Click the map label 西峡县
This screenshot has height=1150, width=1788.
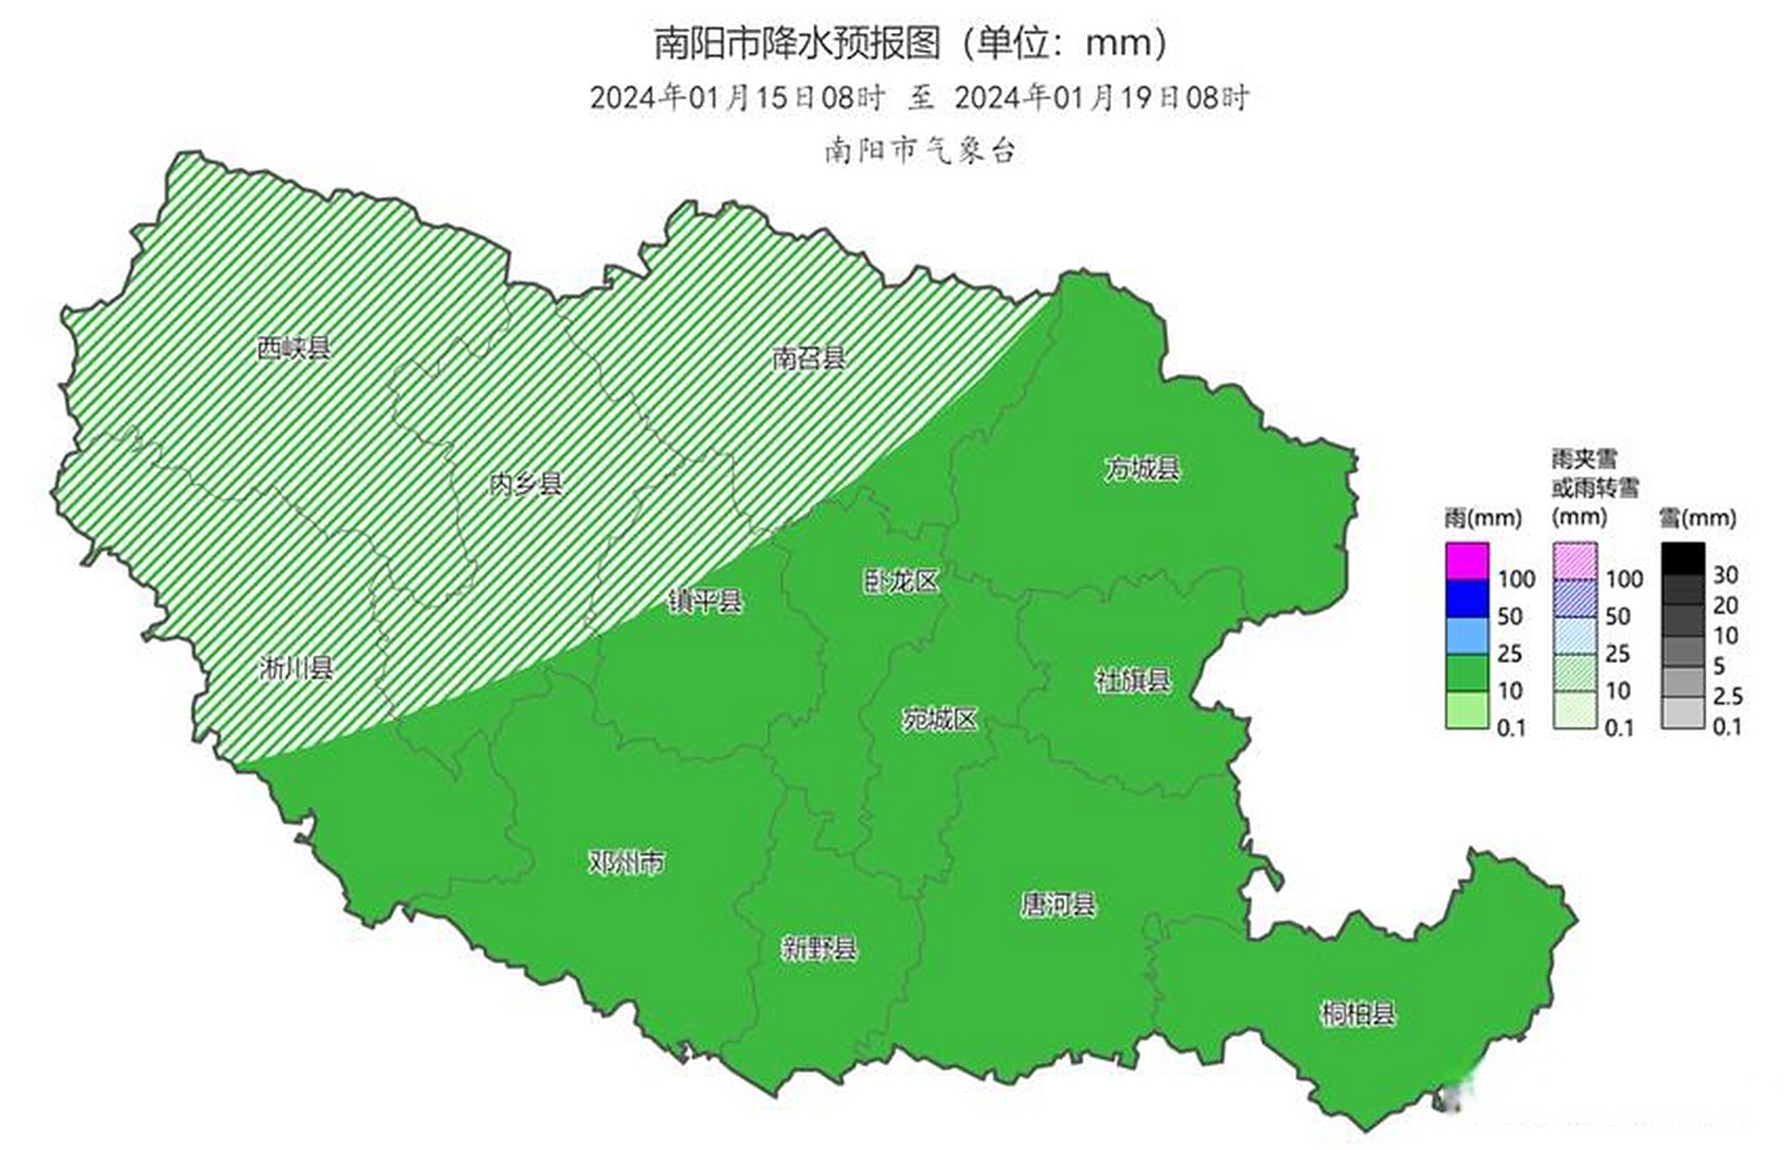293,348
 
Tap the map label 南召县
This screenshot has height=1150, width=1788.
808,358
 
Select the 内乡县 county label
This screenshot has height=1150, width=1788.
525,484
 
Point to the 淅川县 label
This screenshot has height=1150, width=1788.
296,668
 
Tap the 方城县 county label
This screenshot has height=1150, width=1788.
1142,468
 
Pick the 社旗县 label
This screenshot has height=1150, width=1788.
1133,680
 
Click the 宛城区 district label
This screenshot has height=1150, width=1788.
939,719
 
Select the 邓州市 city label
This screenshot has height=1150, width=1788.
627,862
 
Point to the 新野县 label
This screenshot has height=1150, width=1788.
819,948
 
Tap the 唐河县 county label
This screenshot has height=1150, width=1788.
1057,904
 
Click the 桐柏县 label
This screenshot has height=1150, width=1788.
1357,1014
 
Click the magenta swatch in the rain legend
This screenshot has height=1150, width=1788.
1467,561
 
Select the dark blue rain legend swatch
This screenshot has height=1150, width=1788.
1467,598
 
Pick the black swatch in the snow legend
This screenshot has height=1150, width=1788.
1682,558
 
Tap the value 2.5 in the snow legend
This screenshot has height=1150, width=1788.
1728,696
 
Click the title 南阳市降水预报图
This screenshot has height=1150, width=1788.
796,43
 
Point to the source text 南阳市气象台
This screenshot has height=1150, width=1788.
919,150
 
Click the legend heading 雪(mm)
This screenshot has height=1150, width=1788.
1696,517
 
